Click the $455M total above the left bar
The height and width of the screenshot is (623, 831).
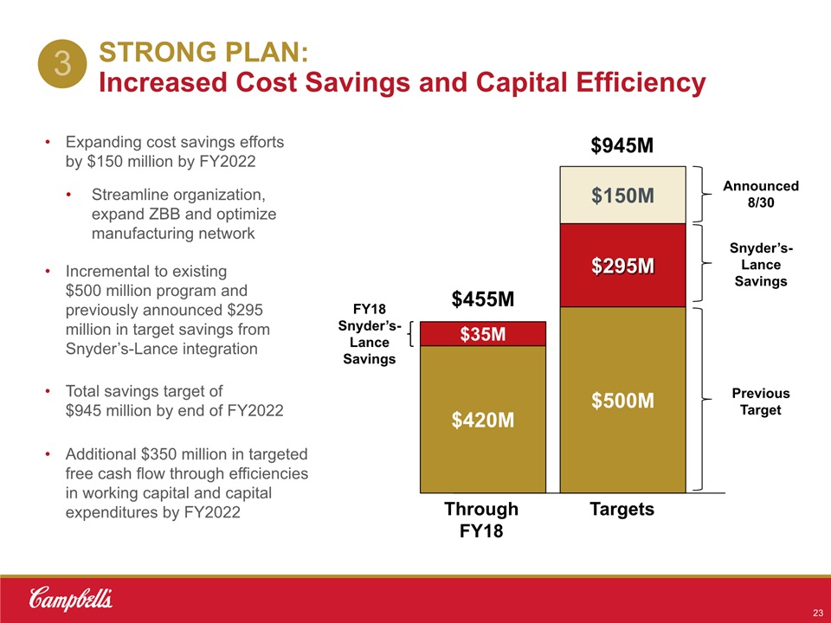483,299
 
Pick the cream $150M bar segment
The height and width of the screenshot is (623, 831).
622,196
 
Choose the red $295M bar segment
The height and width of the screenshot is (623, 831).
622,266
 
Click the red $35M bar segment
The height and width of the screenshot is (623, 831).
483,334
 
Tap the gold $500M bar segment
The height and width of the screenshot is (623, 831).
622,400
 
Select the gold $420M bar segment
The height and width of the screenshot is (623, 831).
483,420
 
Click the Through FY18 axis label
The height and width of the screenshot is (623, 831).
481,519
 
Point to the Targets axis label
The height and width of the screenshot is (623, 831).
622,510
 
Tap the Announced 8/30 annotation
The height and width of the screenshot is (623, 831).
761,194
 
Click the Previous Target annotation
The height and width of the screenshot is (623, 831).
761,401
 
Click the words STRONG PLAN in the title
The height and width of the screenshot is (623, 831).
203,54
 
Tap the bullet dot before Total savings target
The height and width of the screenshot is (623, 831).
48,392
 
